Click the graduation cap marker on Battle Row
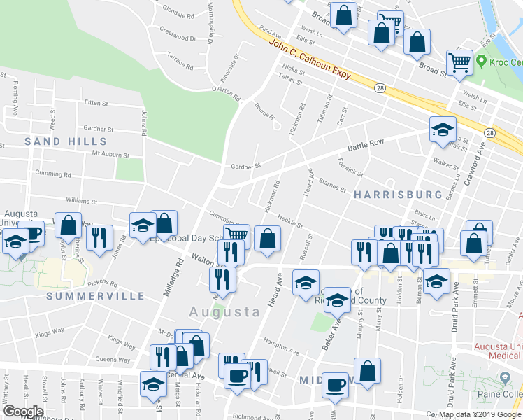pos(442,129)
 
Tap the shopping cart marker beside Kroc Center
pos(460,61)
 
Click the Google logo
pos(22,412)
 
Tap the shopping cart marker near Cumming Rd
pos(236,234)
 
